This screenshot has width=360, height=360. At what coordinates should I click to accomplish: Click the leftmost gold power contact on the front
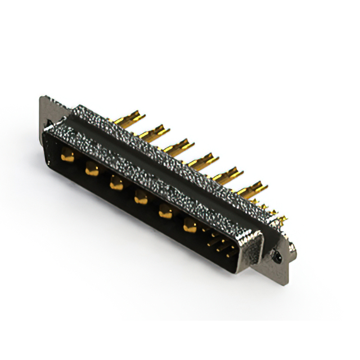[67, 158]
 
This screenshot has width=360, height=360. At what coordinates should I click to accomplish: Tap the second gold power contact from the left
[92, 169]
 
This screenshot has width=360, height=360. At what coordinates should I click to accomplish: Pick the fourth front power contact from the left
[141, 197]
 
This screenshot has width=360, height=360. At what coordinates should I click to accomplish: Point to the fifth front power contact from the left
[165, 212]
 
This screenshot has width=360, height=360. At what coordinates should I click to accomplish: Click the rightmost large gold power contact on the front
[190, 226]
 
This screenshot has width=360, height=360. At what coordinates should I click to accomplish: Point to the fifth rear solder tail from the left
[228, 175]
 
